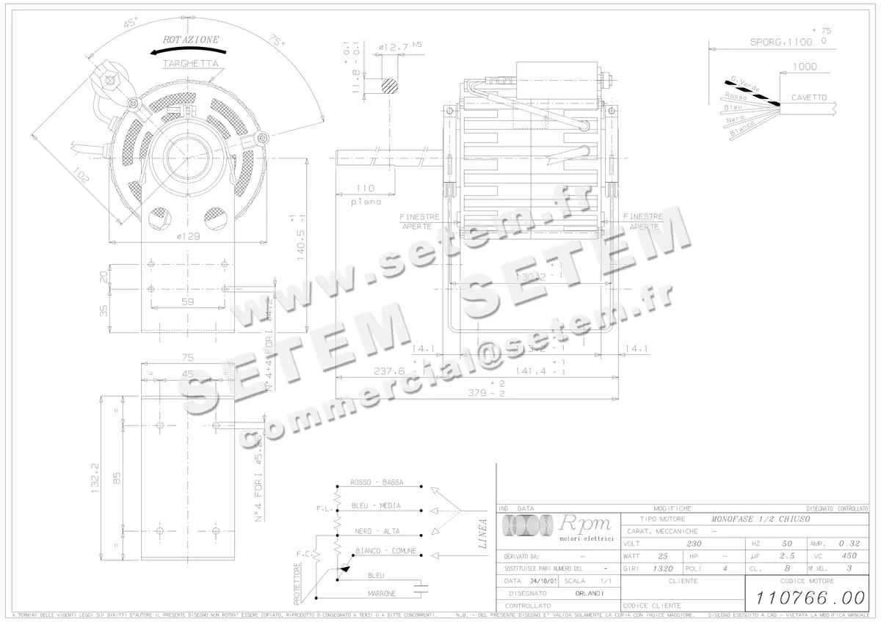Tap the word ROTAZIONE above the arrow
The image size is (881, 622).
(x=191, y=39)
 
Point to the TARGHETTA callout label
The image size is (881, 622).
(x=190, y=64)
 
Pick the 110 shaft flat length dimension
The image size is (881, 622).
(x=365, y=189)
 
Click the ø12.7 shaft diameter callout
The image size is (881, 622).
(x=394, y=47)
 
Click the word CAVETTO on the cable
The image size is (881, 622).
(x=808, y=98)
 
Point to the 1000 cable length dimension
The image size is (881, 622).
(x=805, y=67)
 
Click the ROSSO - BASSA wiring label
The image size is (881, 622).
(x=376, y=483)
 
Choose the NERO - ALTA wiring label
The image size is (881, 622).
(x=377, y=530)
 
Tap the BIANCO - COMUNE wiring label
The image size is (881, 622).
(x=385, y=551)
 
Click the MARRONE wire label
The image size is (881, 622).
(x=382, y=593)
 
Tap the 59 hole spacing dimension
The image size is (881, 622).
(x=187, y=300)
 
